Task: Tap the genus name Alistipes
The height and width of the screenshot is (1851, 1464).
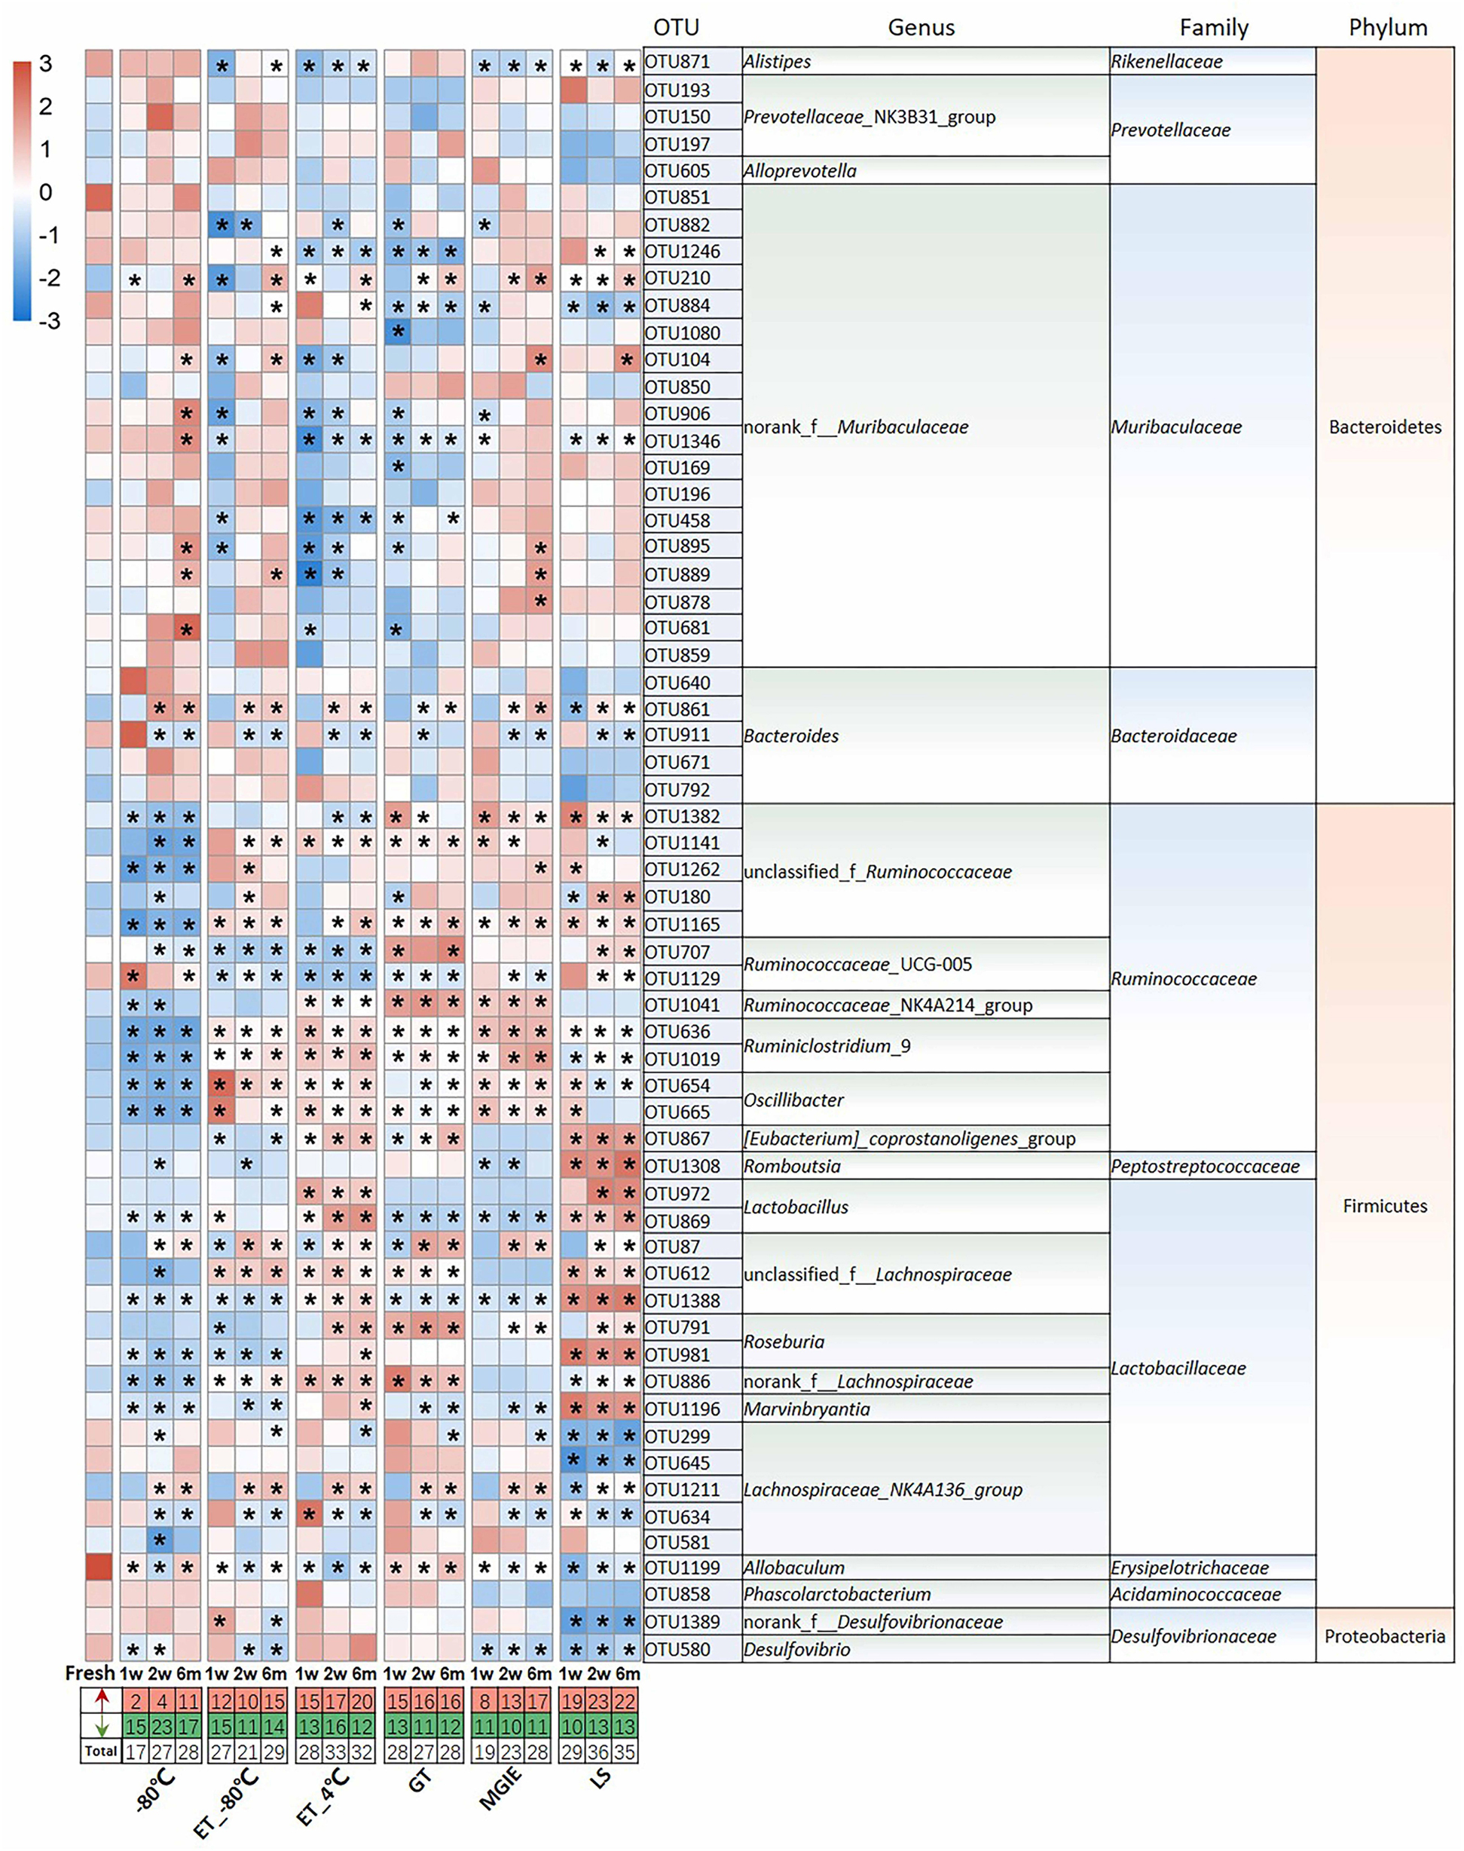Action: [x=777, y=62]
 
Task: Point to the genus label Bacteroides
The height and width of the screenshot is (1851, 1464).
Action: [x=790, y=736]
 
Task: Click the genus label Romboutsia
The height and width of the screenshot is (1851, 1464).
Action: [x=792, y=1166]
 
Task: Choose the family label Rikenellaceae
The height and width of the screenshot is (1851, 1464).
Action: [x=1166, y=62]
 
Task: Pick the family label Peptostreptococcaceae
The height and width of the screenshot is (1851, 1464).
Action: [x=1205, y=1166]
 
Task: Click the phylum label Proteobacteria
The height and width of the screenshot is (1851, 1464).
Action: [x=1384, y=1635]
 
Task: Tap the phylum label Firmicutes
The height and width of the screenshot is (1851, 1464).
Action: [x=1384, y=1205]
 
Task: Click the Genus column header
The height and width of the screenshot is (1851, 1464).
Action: [x=921, y=27]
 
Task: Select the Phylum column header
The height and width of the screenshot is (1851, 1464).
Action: [x=1388, y=27]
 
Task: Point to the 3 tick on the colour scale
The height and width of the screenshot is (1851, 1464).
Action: [x=45, y=63]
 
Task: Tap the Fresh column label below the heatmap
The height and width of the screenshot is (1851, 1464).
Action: [x=90, y=1672]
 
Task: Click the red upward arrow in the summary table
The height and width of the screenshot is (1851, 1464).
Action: [x=100, y=1700]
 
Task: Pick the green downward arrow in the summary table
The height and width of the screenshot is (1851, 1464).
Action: [x=100, y=1725]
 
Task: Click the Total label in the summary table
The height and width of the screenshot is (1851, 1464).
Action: [x=100, y=1751]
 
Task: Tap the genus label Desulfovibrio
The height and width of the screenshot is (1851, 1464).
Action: [x=796, y=1649]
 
